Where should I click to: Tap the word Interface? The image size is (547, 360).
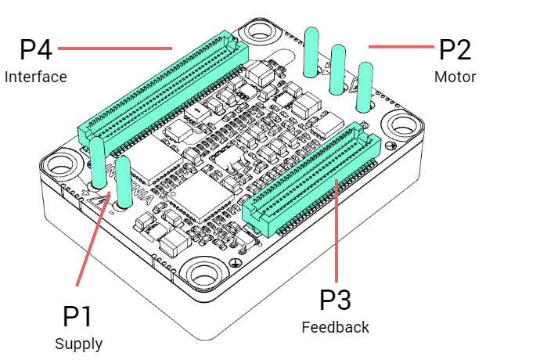[x=35, y=77]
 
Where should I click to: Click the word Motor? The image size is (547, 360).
[x=455, y=77]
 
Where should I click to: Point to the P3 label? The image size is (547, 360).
[x=336, y=300]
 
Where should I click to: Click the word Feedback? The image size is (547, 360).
[x=335, y=327]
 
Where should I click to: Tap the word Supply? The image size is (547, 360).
[x=78, y=344]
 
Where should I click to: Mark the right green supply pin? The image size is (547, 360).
[x=124, y=177]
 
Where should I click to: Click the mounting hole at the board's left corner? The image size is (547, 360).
[x=63, y=165]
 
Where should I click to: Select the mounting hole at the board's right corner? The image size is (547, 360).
[x=402, y=124]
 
